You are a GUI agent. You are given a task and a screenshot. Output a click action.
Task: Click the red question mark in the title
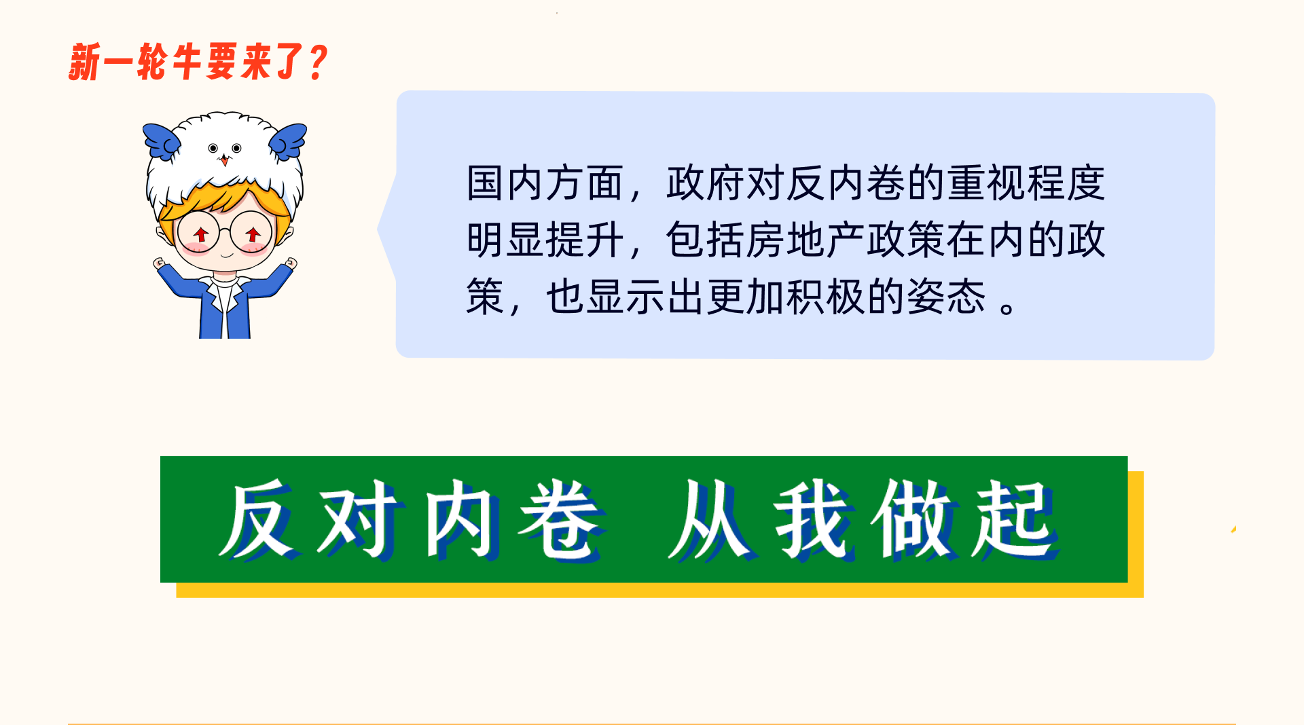[x=317, y=62]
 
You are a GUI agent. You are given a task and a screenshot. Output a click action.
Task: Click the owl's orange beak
[x=224, y=160]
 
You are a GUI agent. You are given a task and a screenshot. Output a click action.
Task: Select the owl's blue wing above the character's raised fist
[x=287, y=140]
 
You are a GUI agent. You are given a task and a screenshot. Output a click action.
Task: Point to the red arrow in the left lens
[x=200, y=235]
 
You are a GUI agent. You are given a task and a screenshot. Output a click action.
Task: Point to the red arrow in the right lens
[x=253, y=235]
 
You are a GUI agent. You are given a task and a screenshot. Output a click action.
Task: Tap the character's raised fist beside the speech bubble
[x=291, y=263]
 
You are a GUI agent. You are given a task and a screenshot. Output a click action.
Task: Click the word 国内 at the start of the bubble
[x=505, y=183]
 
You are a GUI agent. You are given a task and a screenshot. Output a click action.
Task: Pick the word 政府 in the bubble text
[x=706, y=183]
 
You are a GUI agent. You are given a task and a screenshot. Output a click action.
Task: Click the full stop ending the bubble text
[x=1008, y=308]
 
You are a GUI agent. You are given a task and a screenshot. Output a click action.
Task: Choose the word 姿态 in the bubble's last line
[x=946, y=297]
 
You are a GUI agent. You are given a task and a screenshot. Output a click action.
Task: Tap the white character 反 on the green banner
[x=259, y=519]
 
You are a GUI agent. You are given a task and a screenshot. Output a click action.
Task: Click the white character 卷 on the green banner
[x=561, y=519]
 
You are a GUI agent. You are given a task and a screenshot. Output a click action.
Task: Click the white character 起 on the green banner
[x=1015, y=519]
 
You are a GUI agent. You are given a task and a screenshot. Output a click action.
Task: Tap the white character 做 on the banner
[x=914, y=519]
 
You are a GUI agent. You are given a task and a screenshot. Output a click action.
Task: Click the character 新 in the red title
[x=85, y=62]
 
